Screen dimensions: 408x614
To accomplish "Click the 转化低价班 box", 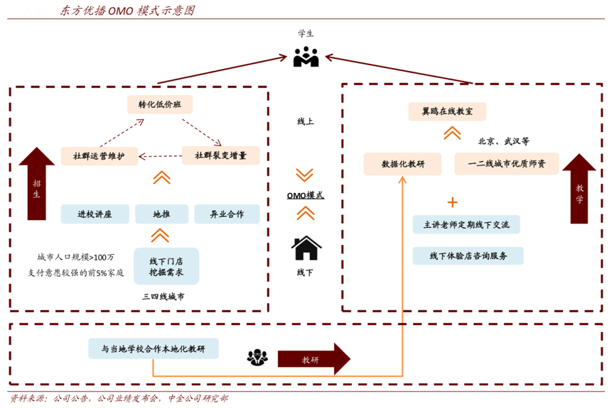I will (x=160, y=105).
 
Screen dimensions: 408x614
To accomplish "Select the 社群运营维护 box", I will (x=99, y=156).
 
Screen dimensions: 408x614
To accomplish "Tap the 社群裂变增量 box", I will (x=220, y=156).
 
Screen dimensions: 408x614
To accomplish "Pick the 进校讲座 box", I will (x=95, y=214).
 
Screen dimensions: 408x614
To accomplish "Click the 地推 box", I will (x=161, y=214).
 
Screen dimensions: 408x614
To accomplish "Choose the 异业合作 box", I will (x=227, y=214).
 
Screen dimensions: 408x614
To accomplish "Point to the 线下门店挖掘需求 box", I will (x=166, y=266).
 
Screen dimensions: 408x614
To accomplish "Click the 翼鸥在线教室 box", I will (x=448, y=112).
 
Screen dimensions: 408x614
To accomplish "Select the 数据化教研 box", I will (x=403, y=164).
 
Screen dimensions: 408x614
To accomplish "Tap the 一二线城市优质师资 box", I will (x=507, y=164).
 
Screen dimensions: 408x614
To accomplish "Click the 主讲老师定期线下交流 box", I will (x=466, y=225).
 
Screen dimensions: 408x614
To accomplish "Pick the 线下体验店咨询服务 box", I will (x=468, y=255).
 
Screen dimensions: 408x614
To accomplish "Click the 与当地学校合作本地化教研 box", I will (x=153, y=348).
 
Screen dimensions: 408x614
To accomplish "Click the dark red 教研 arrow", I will (x=313, y=359).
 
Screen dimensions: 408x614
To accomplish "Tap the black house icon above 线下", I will (x=306, y=249).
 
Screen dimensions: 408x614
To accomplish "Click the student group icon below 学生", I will (x=306, y=57).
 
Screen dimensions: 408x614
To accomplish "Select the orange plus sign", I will (x=452, y=202).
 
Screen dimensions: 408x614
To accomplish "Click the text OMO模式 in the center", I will (x=306, y=194).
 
